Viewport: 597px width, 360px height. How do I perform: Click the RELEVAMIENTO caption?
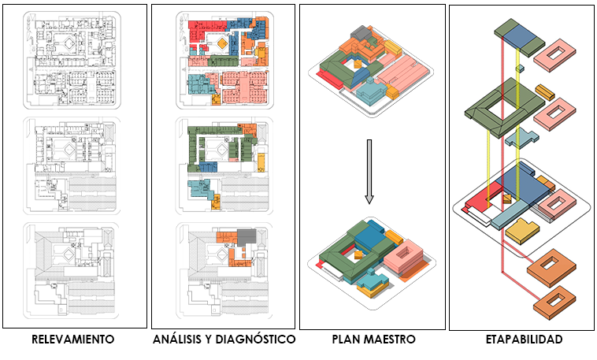click(73, 340)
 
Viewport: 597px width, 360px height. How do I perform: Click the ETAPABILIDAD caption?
click(523, 340)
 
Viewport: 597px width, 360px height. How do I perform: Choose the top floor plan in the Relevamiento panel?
click(72, 59)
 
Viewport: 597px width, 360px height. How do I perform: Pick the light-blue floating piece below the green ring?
click(521, 140)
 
